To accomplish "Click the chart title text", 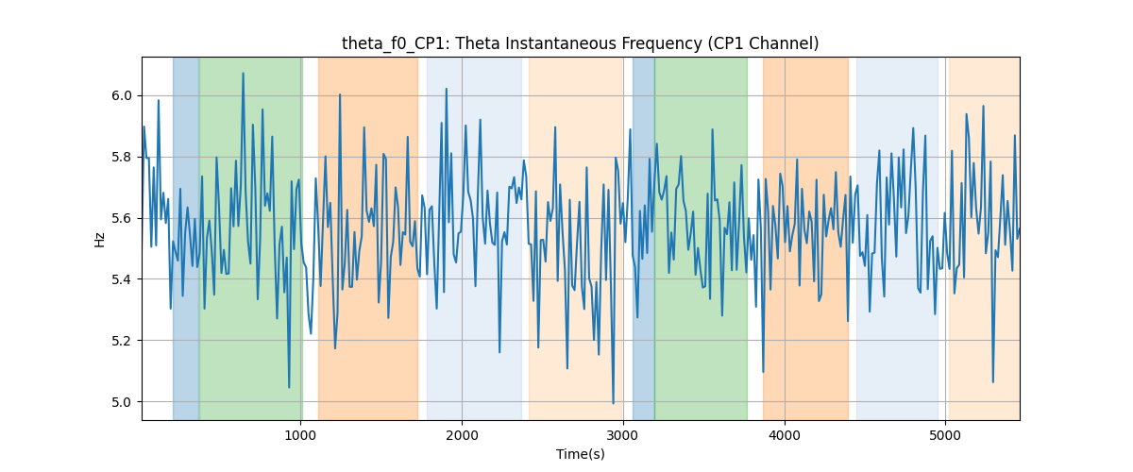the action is pos(580,43).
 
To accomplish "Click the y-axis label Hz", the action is pos(100,240).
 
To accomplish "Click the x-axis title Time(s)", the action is pos(580,454).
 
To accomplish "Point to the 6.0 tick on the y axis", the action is pos(122,95).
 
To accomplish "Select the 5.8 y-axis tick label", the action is pos(122,157).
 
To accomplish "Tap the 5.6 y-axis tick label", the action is pos(122,218).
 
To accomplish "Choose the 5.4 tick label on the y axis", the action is pos(122,279).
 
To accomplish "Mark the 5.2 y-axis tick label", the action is pos(122,341).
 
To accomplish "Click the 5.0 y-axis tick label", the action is pos(122,402).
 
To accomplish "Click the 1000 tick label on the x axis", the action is pos(300,435).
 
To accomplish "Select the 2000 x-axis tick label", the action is pos(462,435).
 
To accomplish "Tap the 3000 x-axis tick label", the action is pos(623,435).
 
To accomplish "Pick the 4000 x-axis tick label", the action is pos(785,435).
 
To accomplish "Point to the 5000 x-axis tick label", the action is pos(945,435).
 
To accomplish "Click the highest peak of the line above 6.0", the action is pos(243,73).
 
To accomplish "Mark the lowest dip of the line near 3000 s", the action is pos(613,404).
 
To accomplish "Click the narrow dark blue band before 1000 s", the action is pos(186,238).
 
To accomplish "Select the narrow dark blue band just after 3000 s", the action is pos(643,238).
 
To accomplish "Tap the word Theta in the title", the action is pos(473,43).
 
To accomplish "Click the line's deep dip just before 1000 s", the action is pos(289,388).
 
